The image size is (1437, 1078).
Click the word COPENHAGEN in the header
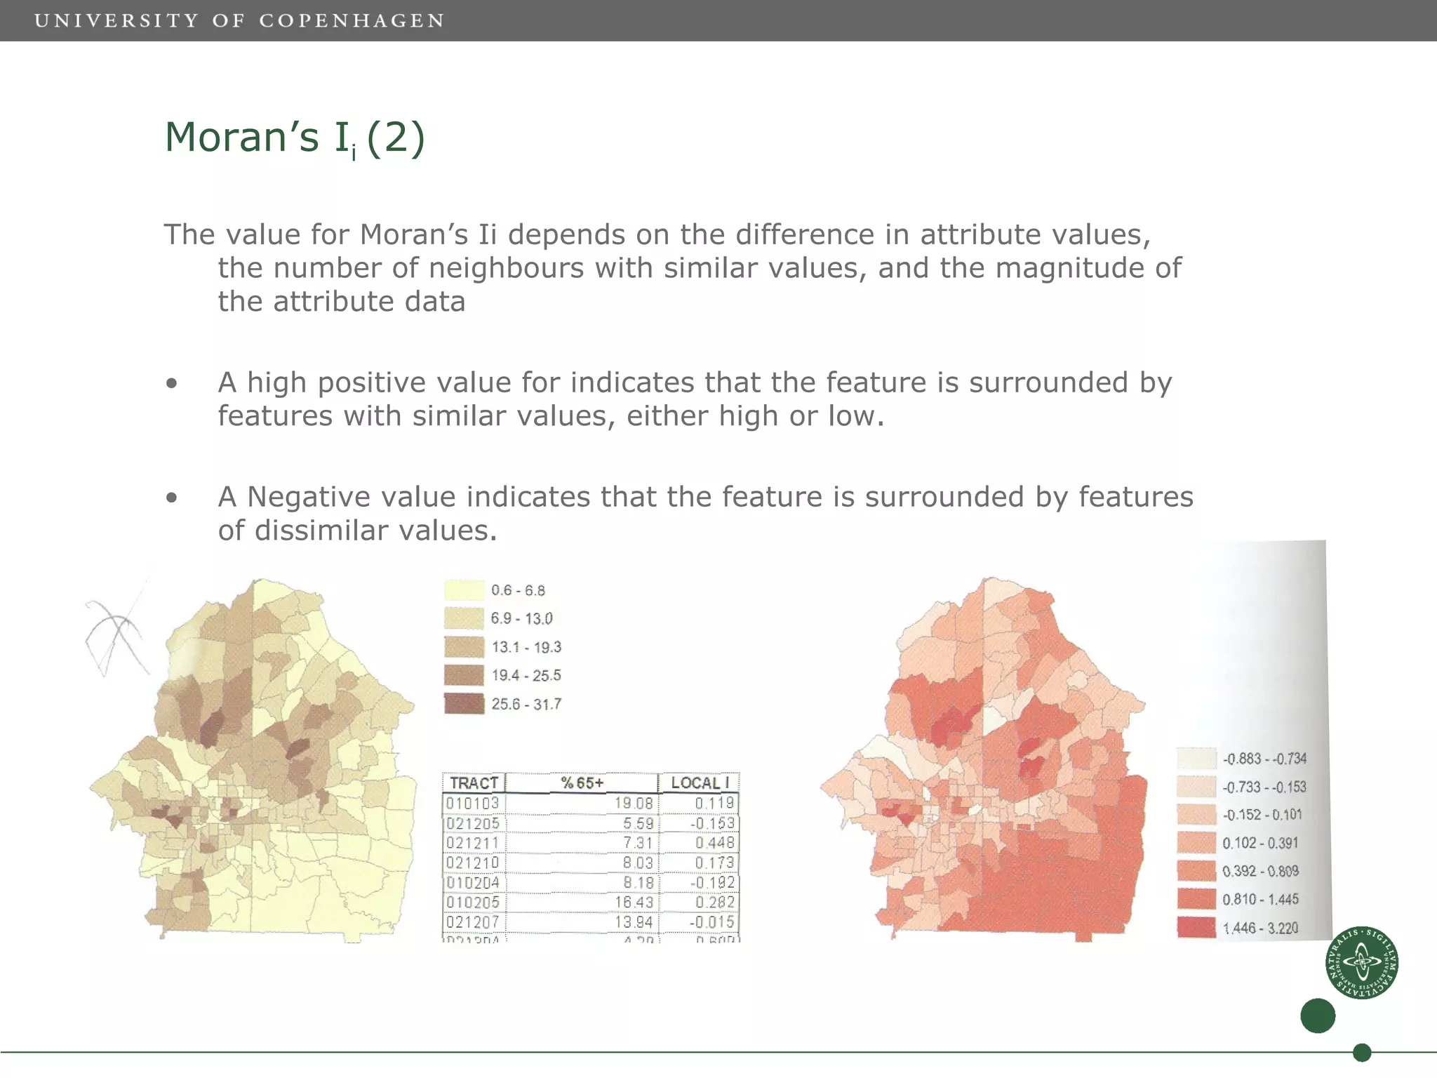(352, 21)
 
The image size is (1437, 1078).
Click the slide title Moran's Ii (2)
(295, 138)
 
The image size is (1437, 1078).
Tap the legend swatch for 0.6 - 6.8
(464, 590)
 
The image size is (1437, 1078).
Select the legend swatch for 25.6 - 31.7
(464, 704)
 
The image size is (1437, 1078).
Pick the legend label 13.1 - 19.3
(526, 647)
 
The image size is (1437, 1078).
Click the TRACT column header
(474, 783)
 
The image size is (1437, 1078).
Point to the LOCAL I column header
(700, 783)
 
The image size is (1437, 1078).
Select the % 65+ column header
(582, 783)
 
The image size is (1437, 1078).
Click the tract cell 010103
(473, 803)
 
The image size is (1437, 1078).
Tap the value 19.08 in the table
(634, 803)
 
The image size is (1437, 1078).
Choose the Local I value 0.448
(714, 843)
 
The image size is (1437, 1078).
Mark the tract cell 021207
(473, 921)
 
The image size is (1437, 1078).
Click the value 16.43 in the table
(634, 902)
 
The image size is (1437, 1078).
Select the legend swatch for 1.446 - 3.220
(1196, 928)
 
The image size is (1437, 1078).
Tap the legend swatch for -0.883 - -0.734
(1196, 759)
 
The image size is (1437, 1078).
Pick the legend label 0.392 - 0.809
(1260, 871)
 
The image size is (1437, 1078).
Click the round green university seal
(1362, 962)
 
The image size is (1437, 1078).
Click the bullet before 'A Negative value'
(172, 498)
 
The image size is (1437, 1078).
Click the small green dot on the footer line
(1362, 1053)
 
